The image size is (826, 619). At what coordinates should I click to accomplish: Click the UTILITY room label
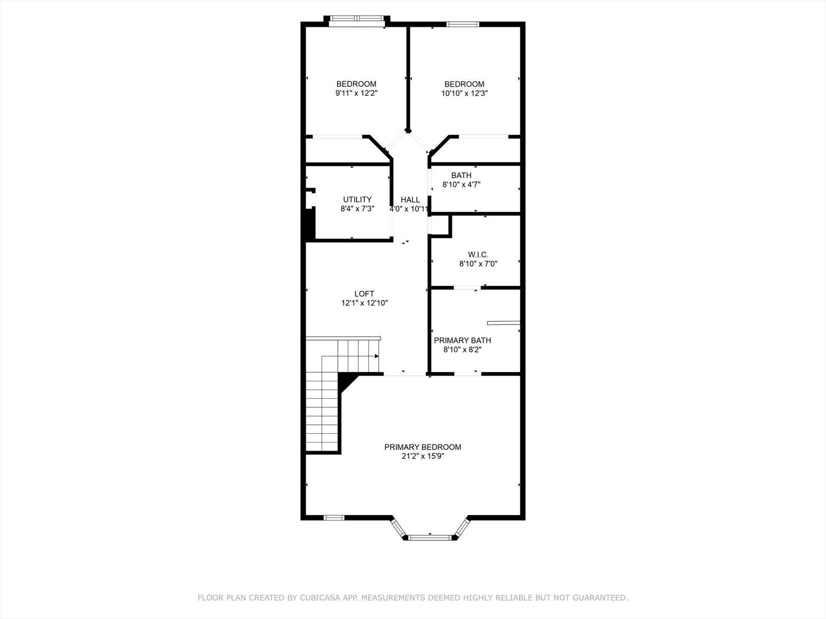tap(357, 199)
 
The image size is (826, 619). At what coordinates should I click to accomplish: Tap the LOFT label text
tap(364, 294)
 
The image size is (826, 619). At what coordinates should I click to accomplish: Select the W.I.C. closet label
tap(478, 254)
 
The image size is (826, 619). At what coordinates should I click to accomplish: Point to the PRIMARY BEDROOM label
tap(423, 447)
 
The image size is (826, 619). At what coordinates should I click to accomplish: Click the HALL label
tap(410, 199)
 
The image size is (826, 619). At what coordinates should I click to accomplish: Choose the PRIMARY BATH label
tap(462, 340)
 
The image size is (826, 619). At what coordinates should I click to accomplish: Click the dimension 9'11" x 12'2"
tap(357, 93)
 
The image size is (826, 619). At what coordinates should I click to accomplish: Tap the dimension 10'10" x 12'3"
tap(464, 93)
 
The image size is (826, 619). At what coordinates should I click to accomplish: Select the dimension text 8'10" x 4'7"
tap(462, 184)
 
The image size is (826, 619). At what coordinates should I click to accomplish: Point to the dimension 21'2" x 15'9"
tap(423, 456)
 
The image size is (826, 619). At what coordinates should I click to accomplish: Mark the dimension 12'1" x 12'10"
tap(365, 303)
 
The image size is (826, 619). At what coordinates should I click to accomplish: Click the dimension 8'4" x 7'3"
tap(358, 209)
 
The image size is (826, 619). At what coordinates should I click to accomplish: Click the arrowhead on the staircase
tap(376, 356)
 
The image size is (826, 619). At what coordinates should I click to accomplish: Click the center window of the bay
tap(429, 537)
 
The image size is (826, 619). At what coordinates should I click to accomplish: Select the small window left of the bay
tap(334, 518)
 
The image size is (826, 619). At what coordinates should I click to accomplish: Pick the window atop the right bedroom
tap(463, 24)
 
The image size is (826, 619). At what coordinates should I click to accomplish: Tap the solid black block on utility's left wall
tap(308, 224)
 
